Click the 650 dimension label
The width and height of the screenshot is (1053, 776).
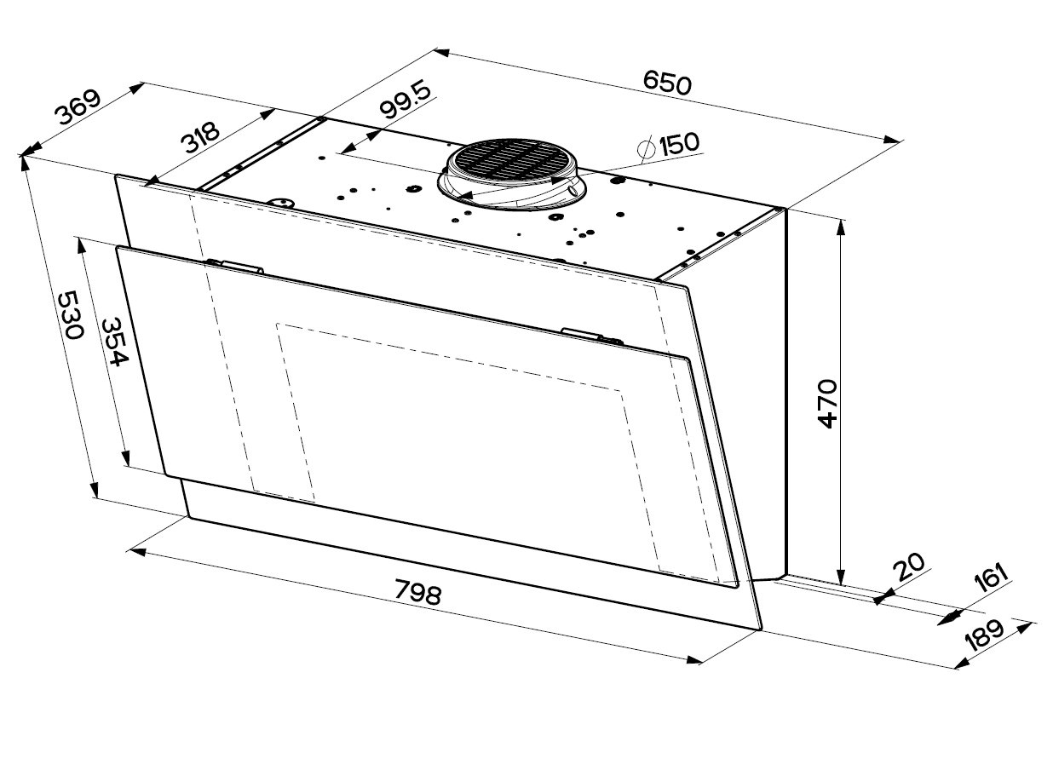click(x=667, y=83)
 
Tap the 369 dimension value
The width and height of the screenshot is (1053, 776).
click(x=78, y=107)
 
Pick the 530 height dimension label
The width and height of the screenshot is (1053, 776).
click(x=71, y=315)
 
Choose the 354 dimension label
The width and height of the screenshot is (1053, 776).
click(x=114, y=342)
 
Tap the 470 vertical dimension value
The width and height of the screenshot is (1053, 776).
click(x=827, y=403)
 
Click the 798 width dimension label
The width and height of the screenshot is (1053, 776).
click(x=418, y=592)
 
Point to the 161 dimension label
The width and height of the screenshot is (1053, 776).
click(x=992, y=578)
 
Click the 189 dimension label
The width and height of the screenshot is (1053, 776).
click(x=984, y=635)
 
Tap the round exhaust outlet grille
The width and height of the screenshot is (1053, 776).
click(x=512, y=162)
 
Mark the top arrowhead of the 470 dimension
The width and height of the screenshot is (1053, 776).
click(x=842, y=227)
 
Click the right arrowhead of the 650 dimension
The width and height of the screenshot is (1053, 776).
click(x=892, y=140)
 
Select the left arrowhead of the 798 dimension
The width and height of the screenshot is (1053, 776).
click(x=136, y=551)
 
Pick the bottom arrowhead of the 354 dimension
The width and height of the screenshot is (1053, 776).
click(x=125, y=457)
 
